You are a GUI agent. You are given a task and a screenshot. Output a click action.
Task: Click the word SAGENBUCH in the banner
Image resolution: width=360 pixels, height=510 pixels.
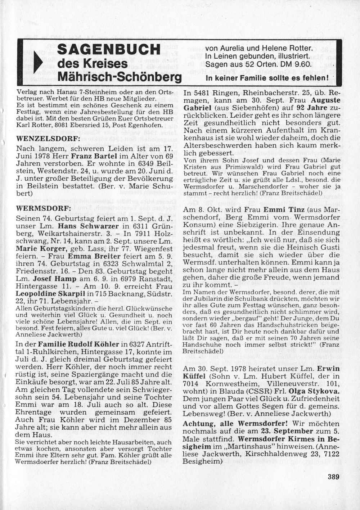pyautogui.click(x=109, y=49)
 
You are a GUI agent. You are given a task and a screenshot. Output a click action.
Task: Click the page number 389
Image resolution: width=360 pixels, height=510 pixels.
pyautogui.click(x=334, y=477)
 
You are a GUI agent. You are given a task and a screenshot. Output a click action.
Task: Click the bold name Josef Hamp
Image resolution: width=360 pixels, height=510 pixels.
pyautogui.click(x=55, y=279)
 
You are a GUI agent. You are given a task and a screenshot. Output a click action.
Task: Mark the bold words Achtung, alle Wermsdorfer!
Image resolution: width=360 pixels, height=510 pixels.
pyautogui.click(x=235, y=424)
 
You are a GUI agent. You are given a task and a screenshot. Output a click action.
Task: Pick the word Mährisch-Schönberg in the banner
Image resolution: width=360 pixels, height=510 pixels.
pyautogui.click(x=120, y=77)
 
